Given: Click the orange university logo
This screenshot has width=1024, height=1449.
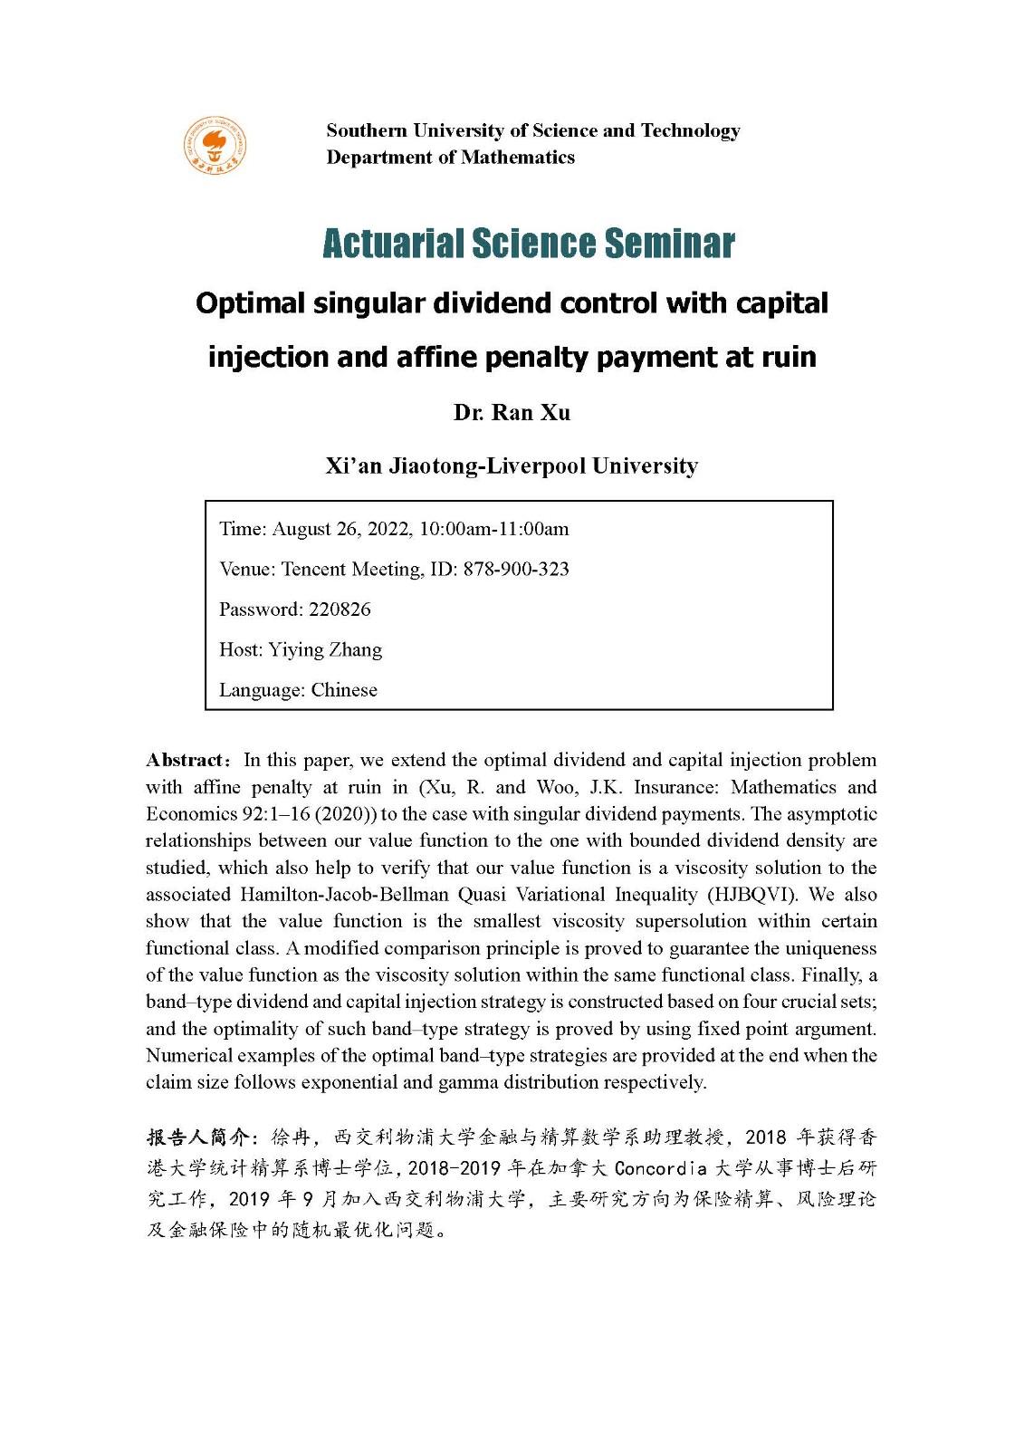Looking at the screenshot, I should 215,145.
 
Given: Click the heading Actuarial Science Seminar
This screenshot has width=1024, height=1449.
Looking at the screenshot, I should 528,243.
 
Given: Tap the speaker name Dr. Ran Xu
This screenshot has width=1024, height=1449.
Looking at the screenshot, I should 512,413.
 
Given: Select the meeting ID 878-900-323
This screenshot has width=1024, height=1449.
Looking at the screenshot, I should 516,570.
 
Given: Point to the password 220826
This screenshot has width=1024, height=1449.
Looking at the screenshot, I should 340,609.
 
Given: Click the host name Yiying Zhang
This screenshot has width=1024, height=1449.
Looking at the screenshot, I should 325,650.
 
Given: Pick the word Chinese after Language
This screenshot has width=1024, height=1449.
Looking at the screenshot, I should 344,690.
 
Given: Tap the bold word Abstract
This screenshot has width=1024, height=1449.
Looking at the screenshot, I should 186,760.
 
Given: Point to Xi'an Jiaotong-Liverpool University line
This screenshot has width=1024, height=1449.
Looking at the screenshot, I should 512,466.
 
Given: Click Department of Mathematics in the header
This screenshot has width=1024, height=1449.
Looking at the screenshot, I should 450,158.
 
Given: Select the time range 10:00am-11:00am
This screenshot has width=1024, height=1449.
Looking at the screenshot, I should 493,529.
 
